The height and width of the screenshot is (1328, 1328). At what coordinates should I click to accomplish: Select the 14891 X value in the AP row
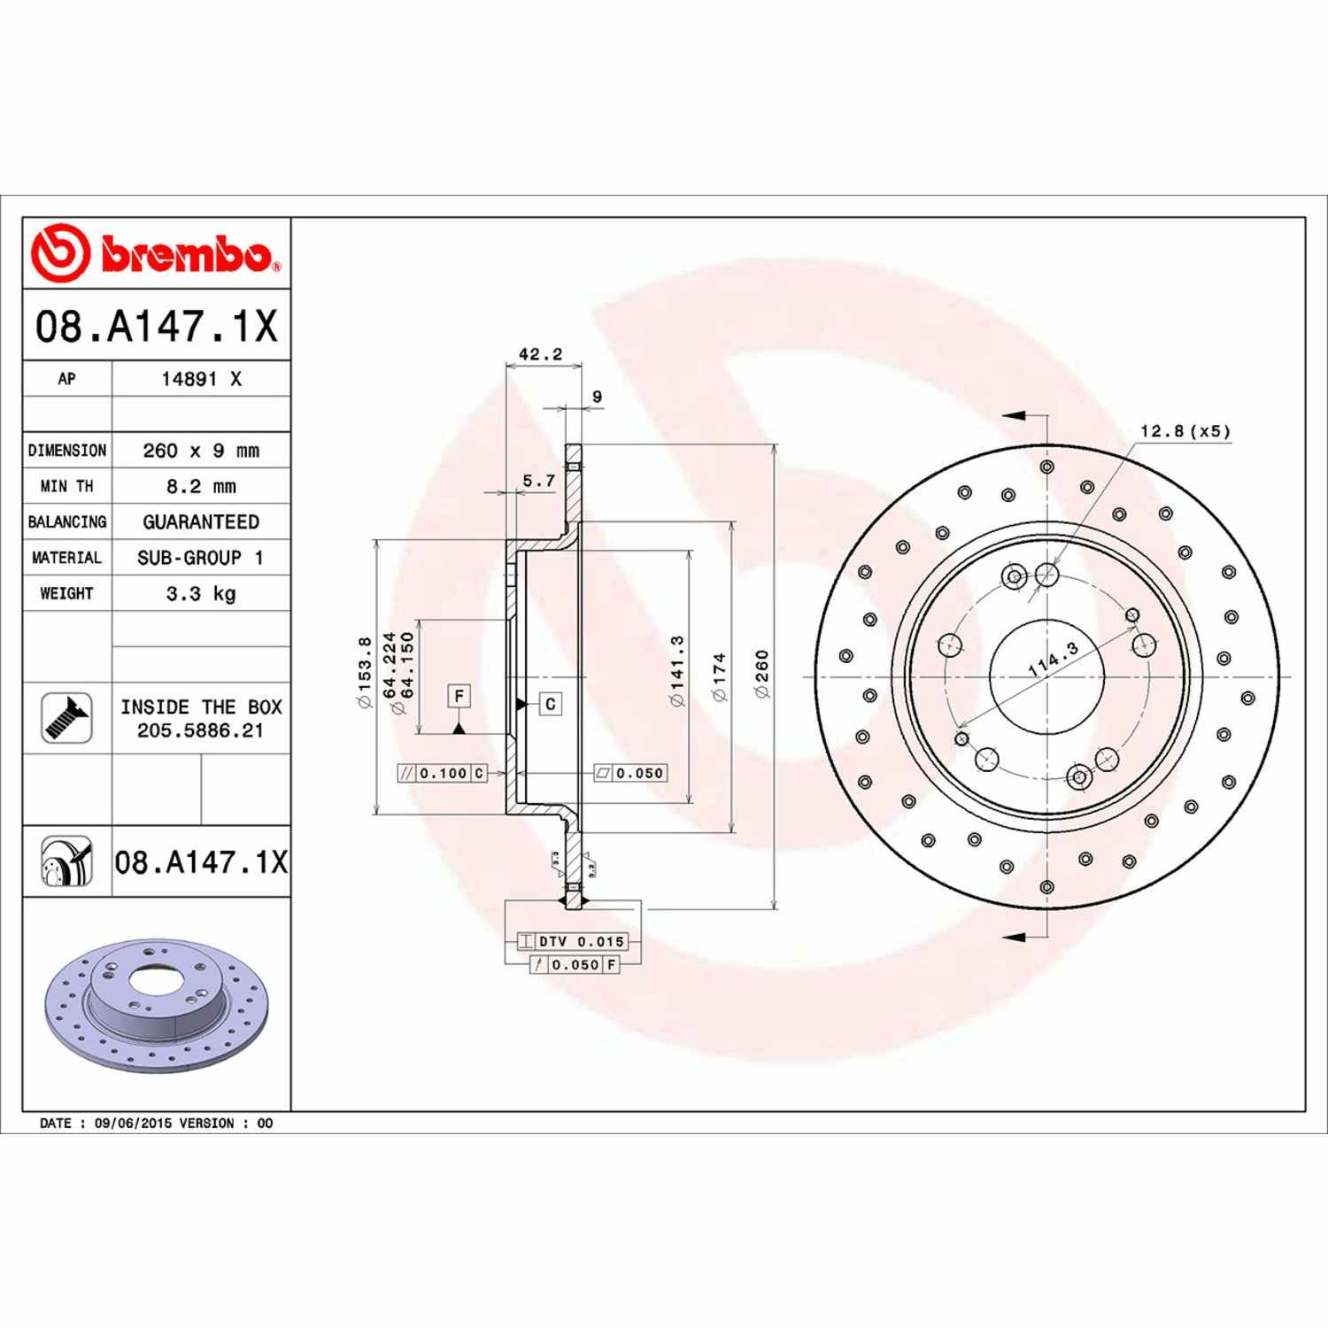click(201, 379)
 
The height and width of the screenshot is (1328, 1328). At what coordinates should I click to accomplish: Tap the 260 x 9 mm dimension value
click(201, 451)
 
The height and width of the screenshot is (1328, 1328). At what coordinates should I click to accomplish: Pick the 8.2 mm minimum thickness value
click(201, 486)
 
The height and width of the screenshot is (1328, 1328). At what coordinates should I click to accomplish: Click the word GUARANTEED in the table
click(201, 521)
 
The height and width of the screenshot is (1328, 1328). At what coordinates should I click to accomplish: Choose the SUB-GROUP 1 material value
click(201, 558)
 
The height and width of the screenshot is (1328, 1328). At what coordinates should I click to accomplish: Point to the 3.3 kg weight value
click(201, 593)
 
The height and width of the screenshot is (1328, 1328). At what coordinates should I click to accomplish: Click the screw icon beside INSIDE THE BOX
click(66, 717)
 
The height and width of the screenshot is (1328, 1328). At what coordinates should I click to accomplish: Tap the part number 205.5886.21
click(200, 730)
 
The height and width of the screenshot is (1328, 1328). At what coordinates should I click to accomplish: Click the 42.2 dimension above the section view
click(540, 354)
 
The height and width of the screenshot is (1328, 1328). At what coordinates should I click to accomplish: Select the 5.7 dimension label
click(538, 481)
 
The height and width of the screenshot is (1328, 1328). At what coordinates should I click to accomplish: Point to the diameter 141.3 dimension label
click(678, 671)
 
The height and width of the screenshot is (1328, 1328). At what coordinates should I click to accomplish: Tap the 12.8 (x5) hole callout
click(1185, 431)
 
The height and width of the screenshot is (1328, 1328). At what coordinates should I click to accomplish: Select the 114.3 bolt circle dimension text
click(1054, 660)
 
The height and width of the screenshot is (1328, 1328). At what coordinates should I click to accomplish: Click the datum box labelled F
click(459, 696)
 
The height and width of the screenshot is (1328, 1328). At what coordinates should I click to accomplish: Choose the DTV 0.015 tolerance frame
click(572, 941)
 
